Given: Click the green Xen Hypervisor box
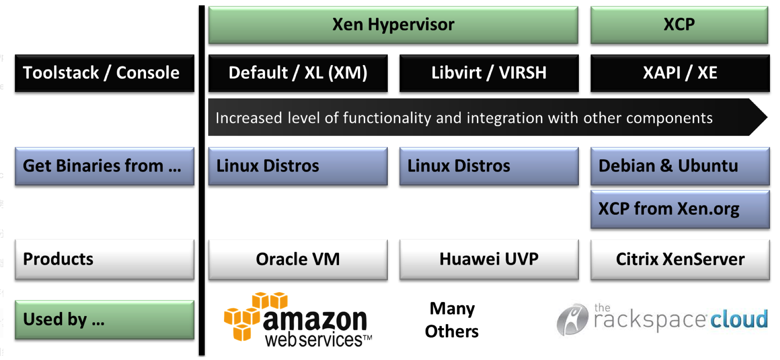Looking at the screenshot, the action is coord(393,25).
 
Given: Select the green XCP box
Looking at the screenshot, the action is coord(679,25).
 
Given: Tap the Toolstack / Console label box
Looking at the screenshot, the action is coord(105,73).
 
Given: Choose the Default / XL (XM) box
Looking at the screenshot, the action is coord(298,73).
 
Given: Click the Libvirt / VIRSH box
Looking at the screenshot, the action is coord(489,73).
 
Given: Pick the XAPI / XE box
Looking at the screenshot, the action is coord(680,73).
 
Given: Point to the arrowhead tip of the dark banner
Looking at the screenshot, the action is coord(767,117).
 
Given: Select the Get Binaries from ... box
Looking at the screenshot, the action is coord(105,166).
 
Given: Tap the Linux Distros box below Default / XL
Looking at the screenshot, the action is coord(298,166).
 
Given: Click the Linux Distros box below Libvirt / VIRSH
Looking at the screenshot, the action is coord(489,166).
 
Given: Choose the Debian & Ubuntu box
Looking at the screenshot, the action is coord(680,166).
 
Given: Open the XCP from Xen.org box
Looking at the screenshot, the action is coord(680,209).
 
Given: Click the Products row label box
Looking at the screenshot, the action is coord(105,259).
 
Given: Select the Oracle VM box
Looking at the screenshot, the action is coord(298,259).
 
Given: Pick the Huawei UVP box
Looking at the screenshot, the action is coord(489,259).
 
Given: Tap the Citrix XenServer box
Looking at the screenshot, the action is coord(680,259).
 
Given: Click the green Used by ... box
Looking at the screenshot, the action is coord(105,320).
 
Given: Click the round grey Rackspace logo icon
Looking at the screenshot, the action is coord(572,319).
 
